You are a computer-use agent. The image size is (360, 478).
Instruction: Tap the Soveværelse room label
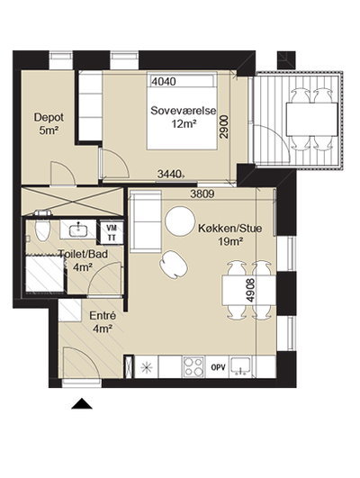(x=184, y=111)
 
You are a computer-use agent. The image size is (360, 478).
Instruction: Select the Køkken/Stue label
(x=230, y=228)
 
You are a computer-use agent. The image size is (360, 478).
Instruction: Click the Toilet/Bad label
(x=83, y=254)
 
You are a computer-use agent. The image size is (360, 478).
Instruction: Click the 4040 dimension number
(x=164, y=81)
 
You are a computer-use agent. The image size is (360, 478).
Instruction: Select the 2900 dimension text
(x=224, y=127)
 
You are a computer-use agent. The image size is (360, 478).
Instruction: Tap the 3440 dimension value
(x=169, y=174)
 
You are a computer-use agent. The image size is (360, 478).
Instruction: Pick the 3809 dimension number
(x=202, y=194)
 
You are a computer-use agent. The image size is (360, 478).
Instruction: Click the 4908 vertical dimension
(x=250, y=290)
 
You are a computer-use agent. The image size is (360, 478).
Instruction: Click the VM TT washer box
(x=112, y=232)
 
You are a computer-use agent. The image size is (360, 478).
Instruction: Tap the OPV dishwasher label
(x=219, y=367)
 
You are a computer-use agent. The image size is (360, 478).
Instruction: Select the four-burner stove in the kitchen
(x=193, y=367)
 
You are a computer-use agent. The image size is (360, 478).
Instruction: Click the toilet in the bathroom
(x=42, y=230)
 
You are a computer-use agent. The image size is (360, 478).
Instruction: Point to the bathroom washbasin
(x=78, y=229)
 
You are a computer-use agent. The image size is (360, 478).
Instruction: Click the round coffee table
(x=180, y=221)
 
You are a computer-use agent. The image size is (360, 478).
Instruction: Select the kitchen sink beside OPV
(x=241, y=366)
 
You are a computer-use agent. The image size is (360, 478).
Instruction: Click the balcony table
(x=311, y=120)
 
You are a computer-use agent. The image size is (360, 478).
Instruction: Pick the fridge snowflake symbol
(x=147, y=367)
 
